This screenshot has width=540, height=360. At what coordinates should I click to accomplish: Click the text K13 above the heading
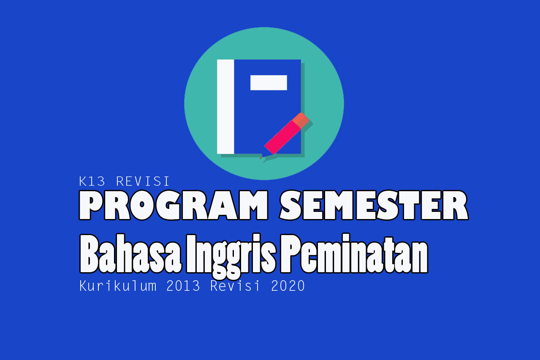[94, 181]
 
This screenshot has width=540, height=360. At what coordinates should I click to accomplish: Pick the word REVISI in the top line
[142, 181]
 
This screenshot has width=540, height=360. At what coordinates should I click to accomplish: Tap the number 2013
[183, 286]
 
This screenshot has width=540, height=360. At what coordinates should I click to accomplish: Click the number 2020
[288, 286]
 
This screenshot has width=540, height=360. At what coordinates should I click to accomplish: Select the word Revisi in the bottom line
[236, 286]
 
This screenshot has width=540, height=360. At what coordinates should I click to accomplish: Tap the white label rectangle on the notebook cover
[269, 83]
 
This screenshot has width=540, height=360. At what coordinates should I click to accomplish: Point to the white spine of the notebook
[225, 106]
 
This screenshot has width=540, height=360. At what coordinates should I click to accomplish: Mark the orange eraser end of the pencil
[301, 120]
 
